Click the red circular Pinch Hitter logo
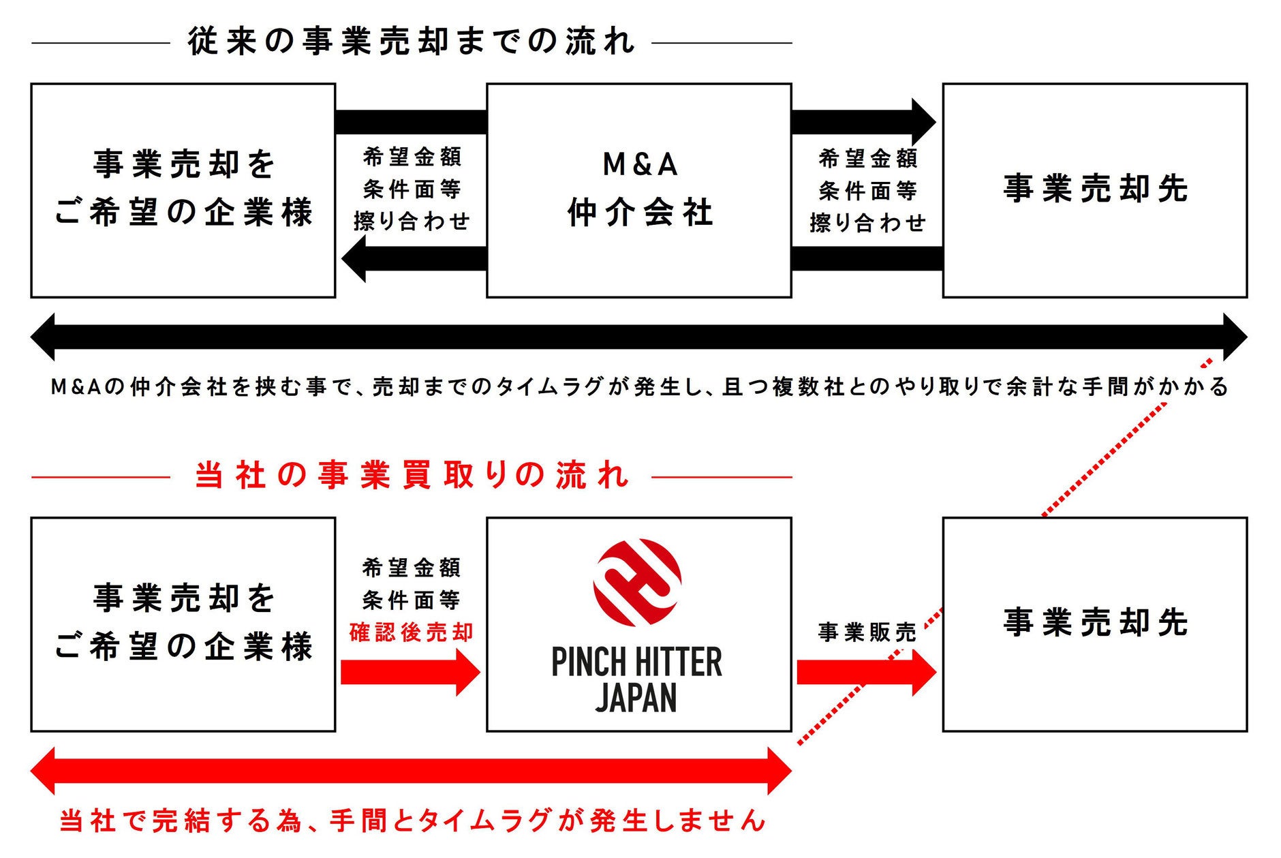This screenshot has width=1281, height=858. click(x=637, y=582)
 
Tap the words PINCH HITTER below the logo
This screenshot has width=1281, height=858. click(x=637, y=662)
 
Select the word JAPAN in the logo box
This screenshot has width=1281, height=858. click(x=637, y=697)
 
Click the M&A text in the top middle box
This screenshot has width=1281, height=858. click(x=640, y=164)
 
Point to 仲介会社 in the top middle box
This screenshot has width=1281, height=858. click(x=640, y=212)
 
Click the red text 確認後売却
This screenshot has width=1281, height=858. click(x=411, y=632)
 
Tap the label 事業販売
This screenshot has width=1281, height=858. click(x=867, y=632)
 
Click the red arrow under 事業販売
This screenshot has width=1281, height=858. click(x=865, y=673)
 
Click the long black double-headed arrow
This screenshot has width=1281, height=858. click(x=639, y=337)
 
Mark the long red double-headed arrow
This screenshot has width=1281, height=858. click(x=411, y=771)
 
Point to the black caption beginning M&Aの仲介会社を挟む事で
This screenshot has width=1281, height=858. click(x=639, y=387)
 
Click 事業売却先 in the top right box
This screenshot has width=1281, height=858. click(x=1095, y=189)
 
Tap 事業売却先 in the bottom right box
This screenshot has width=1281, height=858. click(x=1095, y=622)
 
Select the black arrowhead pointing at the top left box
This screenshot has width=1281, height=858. click(x=355, y=259)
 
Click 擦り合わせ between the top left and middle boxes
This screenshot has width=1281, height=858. click(x=412, y=221)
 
